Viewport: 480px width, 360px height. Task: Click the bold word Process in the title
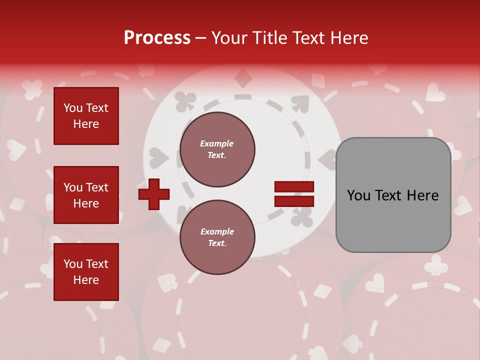[157, 38]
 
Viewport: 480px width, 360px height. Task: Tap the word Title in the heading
[269, 38]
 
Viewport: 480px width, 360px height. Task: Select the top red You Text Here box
[86, 116]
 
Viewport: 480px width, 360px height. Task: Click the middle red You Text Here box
[86, 195]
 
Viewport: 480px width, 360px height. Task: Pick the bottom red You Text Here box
[86, 271]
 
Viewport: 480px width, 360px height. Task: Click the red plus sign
[154, 194]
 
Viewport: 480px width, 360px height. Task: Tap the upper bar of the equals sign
[294, 187]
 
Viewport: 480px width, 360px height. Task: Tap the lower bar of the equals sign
[294, 201]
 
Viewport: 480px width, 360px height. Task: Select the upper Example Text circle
[217, 149]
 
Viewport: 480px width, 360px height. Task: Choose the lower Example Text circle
[217, 237]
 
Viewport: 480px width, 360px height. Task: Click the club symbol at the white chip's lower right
[303, 216]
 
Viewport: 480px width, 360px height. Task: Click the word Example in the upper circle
[217, 144]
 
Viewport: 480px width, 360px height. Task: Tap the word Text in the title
[309, 38]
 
